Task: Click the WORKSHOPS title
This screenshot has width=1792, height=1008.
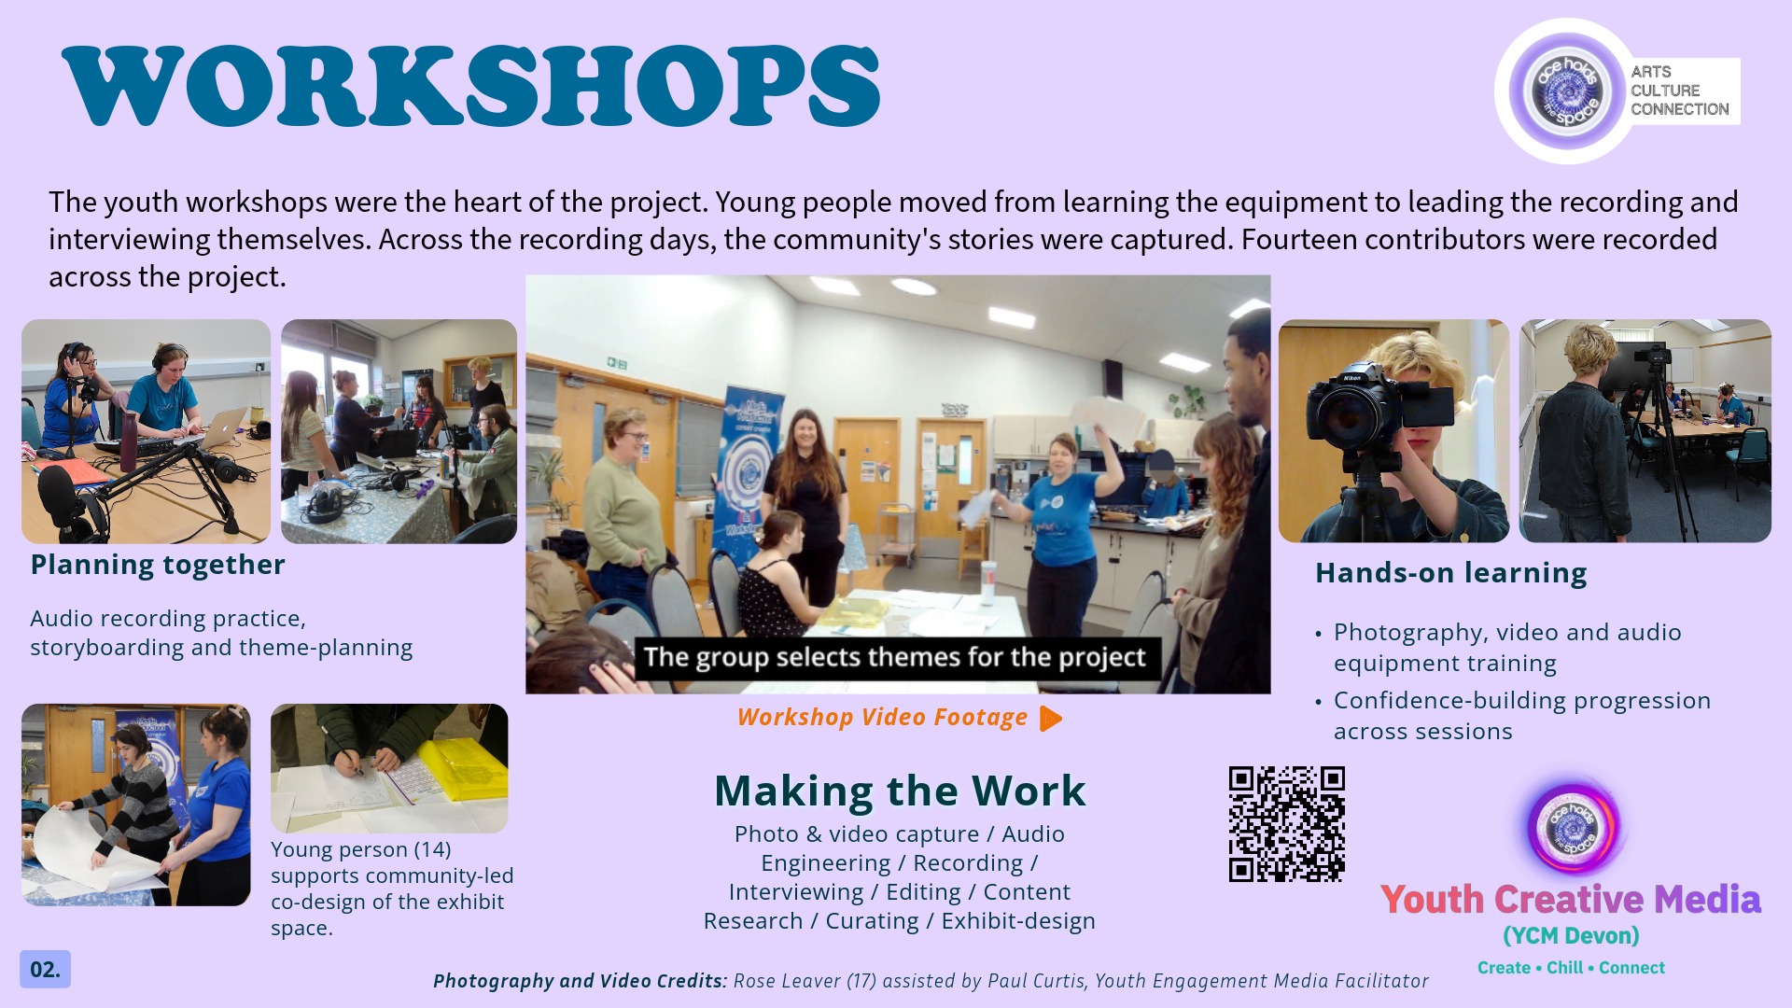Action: click(x=471, y=86)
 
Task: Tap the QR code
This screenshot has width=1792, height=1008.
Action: click(x=1286, y=824)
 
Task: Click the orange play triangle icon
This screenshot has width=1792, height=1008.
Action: click(x=1051, y=719)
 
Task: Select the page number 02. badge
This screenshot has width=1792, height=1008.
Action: click(x=45, y=969)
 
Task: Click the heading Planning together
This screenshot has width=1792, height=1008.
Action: click(x=158, y=565)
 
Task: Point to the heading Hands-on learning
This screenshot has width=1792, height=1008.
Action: click(x=1451, y=573)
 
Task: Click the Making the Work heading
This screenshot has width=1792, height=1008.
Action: click(x=900, y=791)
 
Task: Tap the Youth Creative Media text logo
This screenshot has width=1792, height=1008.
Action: click(x=1571, y=900)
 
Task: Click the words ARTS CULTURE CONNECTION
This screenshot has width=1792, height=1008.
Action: click(x=1680, y=91)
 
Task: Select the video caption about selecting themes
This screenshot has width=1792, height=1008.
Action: click(x=894, y=657)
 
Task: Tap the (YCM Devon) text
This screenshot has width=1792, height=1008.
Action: click(x=1571, y=936)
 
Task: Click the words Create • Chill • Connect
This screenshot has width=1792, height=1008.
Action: click(x=1571, y=968)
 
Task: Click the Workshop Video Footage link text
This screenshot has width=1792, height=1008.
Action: click(x=882, y=717)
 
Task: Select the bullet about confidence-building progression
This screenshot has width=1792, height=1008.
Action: click(x=1522, y=716)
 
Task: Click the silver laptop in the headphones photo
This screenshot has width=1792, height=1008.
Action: click(x=223, y=427)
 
